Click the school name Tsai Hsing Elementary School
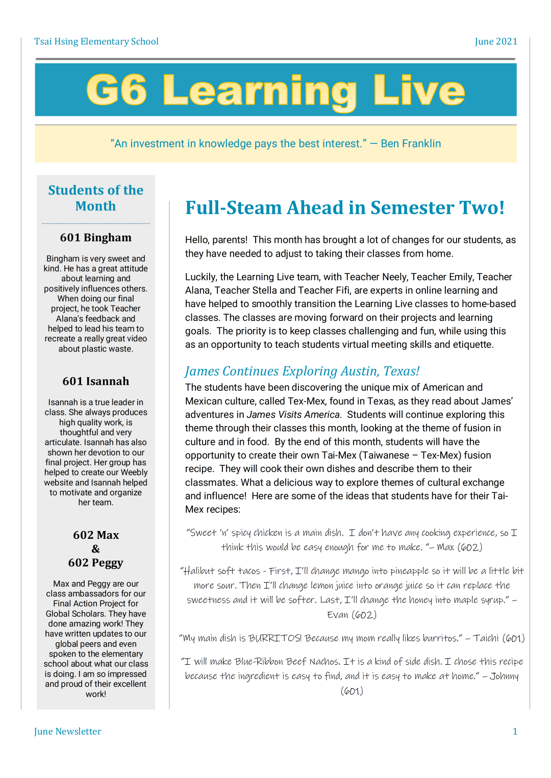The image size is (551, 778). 96,41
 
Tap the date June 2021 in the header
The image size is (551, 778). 495,41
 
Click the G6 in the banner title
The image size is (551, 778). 117,90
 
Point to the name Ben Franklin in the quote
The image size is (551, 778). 411,143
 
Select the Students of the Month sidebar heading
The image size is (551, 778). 96,198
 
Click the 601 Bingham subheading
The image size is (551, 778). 96,237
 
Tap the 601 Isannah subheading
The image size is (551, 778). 96,381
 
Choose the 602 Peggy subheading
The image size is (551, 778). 96,562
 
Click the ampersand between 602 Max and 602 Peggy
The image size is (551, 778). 96,549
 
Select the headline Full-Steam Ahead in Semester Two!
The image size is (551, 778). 345,208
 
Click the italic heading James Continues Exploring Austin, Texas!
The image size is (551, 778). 302,371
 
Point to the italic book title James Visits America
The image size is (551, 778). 293,415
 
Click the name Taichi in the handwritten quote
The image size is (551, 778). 486,638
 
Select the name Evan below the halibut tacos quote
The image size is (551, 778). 338,615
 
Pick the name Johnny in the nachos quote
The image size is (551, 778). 504,676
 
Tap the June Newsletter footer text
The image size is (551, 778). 68,731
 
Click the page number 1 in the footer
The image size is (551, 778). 515,731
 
